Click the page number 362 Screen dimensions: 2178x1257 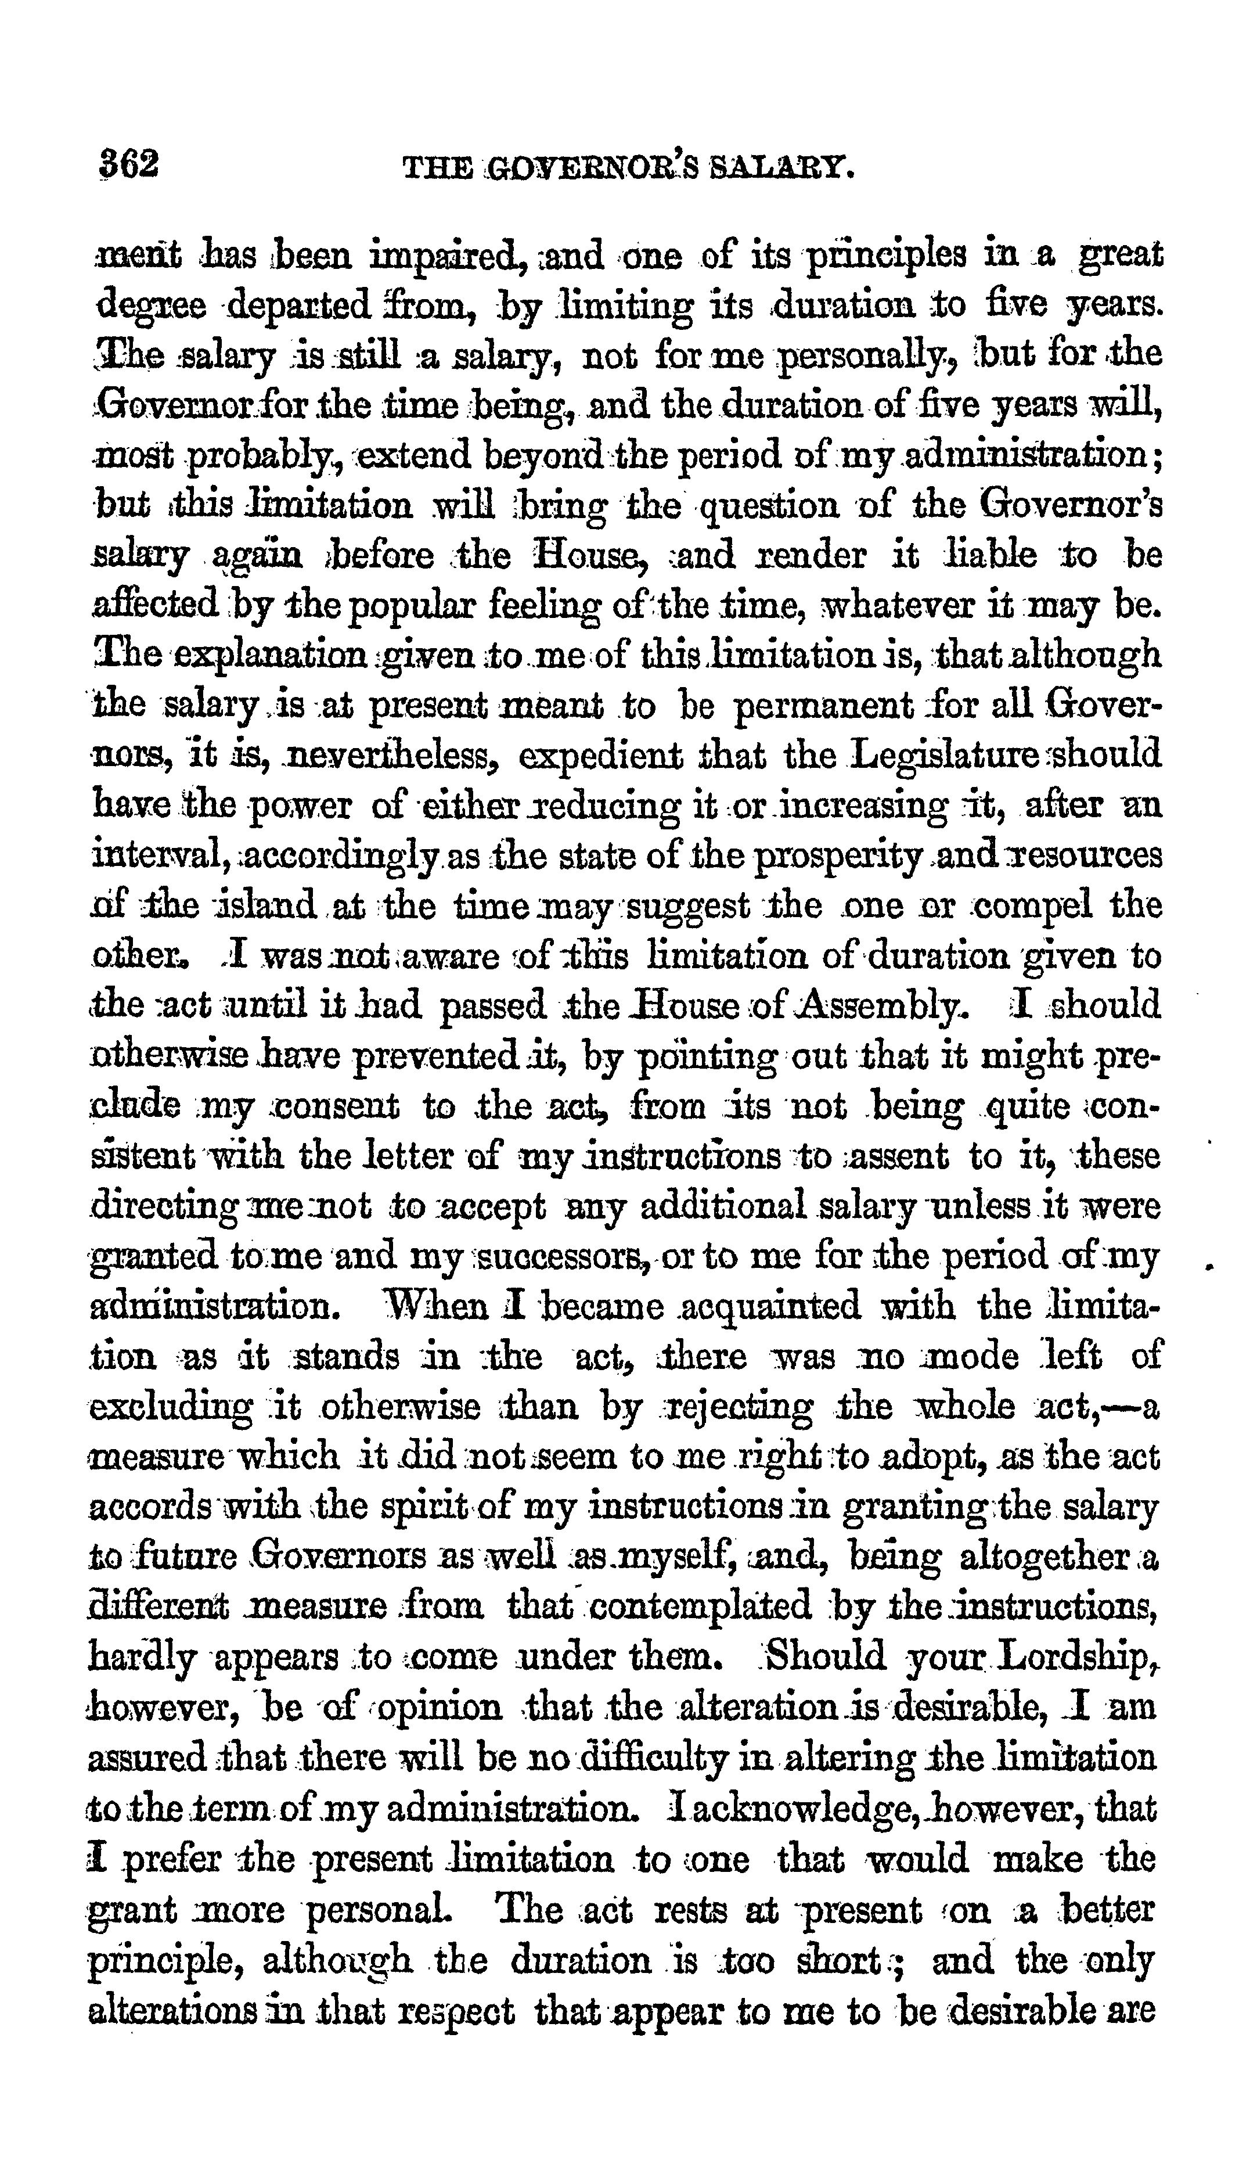pos(129,163)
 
